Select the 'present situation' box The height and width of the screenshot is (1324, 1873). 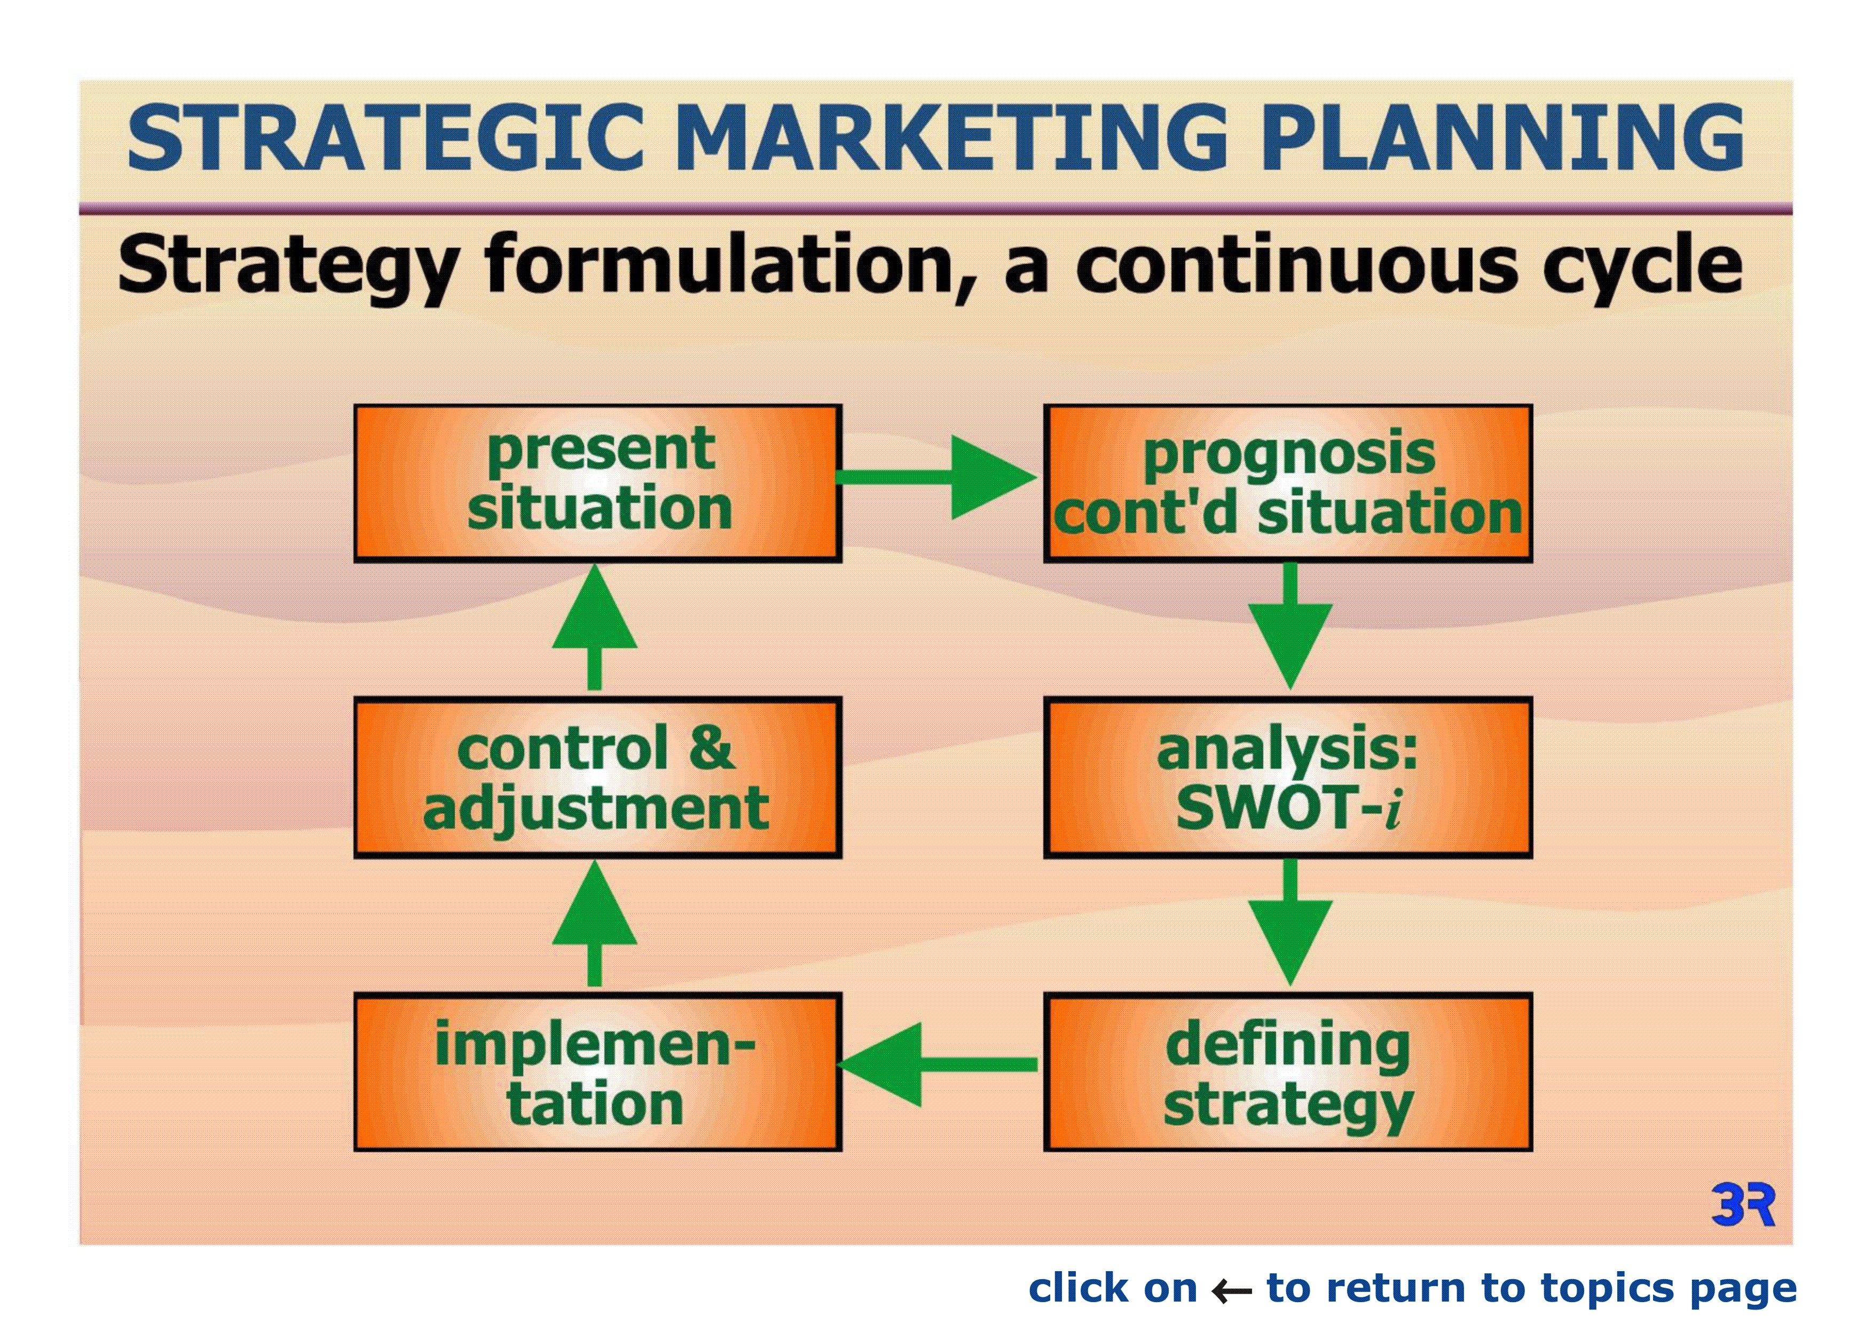pos(598,483)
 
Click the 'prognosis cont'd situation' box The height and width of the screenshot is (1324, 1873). pos(1288,483)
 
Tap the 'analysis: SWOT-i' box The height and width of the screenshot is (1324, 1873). pos(1288,777)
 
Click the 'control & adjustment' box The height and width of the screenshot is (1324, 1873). pos(598,777)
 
